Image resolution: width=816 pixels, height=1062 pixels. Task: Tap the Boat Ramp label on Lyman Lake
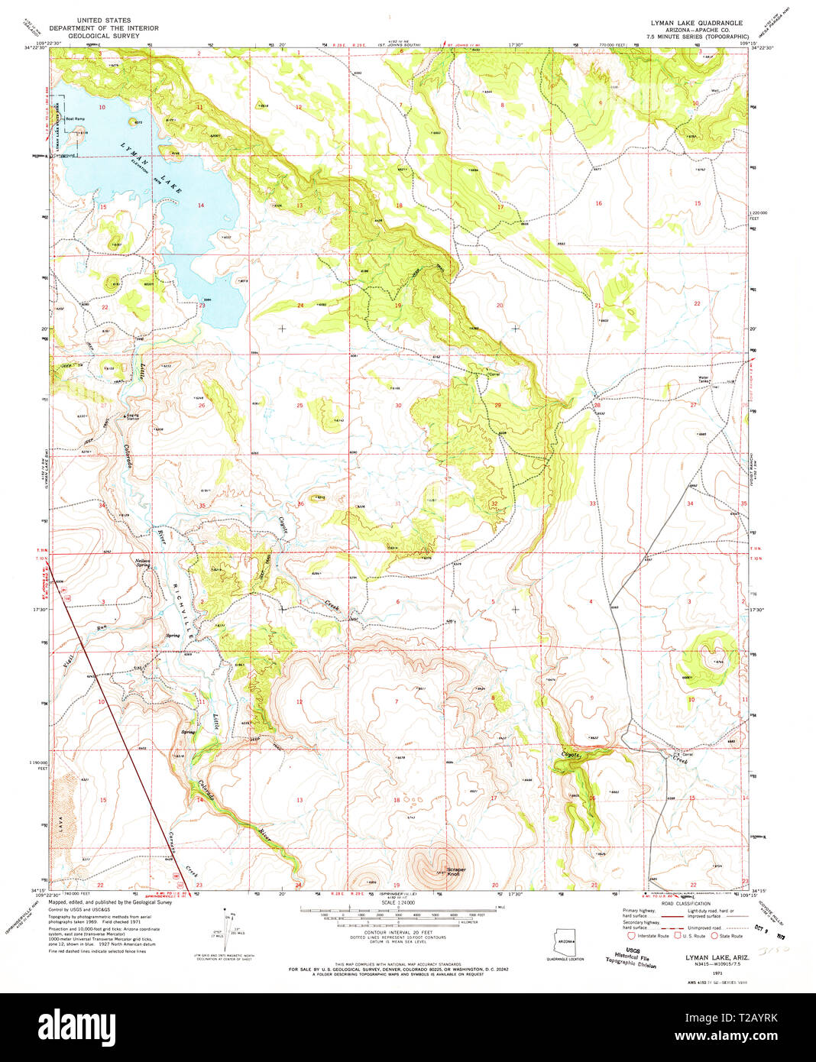point(75,119)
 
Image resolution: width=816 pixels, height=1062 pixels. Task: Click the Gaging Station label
point(133,417)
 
